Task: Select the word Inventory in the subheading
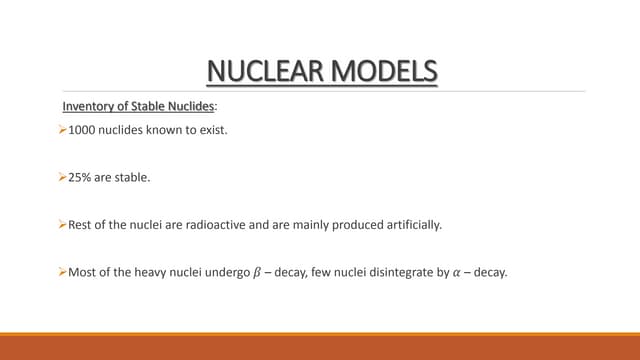(x=88, y=107)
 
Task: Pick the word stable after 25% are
(x=133, y=178)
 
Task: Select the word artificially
(x=409, y=225)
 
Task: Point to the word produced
(x=353, y=225)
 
